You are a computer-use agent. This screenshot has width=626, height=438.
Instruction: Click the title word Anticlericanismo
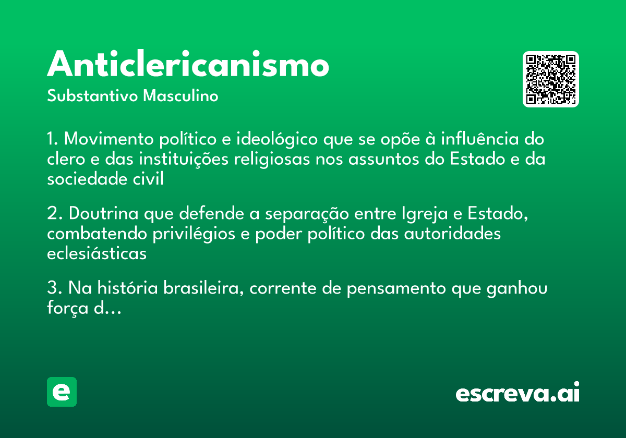[188, 65]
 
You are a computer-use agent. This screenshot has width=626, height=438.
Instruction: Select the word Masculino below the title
[180, 96]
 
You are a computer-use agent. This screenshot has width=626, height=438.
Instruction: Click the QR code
[551, 79]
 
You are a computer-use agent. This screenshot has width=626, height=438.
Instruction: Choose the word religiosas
[271, 159]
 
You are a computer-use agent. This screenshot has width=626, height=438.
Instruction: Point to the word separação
[301, 214]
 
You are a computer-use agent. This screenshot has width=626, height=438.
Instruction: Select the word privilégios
[194, 234]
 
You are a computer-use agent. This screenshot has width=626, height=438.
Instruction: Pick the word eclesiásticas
[97, 253]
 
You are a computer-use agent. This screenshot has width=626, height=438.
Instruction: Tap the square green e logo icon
[62, 392]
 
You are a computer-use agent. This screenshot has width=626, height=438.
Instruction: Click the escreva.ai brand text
[517, 393]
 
